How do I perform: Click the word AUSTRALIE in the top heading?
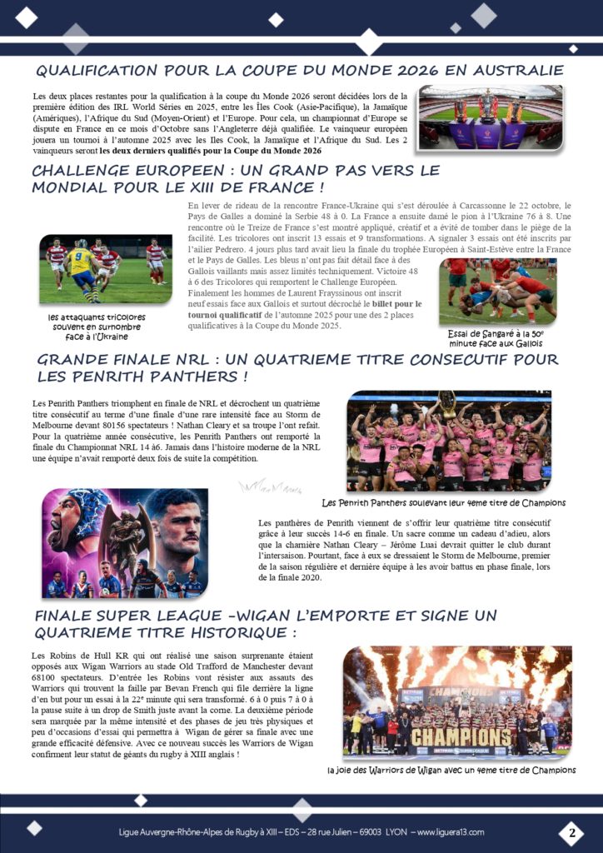pyautogui.click(x=520, y=70)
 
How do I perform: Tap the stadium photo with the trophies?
pyautogui.click(x=491, y=117)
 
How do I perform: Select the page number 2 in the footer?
pyautogui.click(x=571, y=832)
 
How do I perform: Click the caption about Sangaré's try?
pyautogui.click(x=497, y=337)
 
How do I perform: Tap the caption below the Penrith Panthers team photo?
pyautogui.click(x=444, y=503)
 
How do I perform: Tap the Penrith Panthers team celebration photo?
pyautogui.click(x=449, y=441)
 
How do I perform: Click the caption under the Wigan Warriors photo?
pyautogui.click(x=452, y=770)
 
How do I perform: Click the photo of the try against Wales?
pyautogui.click(x=497, y=291)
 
